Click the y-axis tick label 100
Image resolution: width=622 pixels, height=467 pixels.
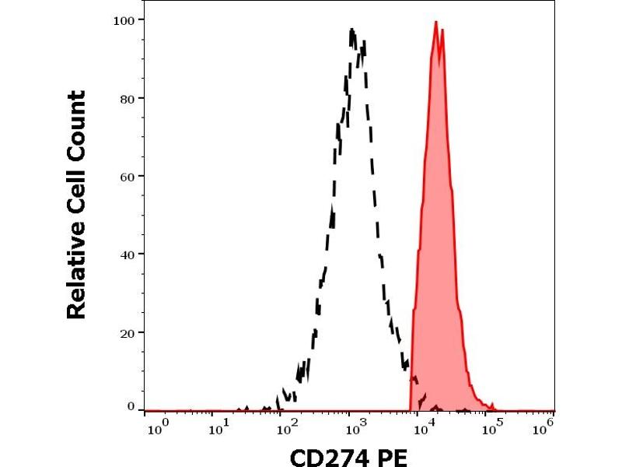pos(124,19)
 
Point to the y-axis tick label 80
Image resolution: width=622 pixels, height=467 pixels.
pos(127,98)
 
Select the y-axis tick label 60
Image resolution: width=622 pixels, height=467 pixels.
pos(127,176)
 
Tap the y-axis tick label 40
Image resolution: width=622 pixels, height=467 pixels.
pos(127,254)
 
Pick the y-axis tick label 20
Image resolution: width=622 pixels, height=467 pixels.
pos(127,332)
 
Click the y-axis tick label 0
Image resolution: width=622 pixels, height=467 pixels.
pos(130,406)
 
